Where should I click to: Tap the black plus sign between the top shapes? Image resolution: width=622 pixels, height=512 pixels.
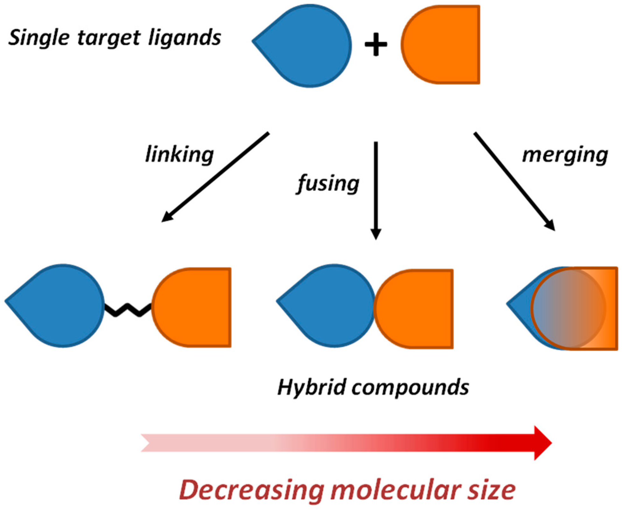pyautogui.click(x=376, y=45)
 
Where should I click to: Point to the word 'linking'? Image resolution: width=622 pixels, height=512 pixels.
pyautogui.click(x=179, y=155)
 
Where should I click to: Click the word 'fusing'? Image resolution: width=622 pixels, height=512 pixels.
pyautogui.click(x=328, y=184)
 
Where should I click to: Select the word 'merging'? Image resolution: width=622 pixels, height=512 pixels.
pyautogui.click(x=565, y=155)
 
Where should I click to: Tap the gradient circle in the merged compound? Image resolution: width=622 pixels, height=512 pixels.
pyautogui.click(x=568, y=308)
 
